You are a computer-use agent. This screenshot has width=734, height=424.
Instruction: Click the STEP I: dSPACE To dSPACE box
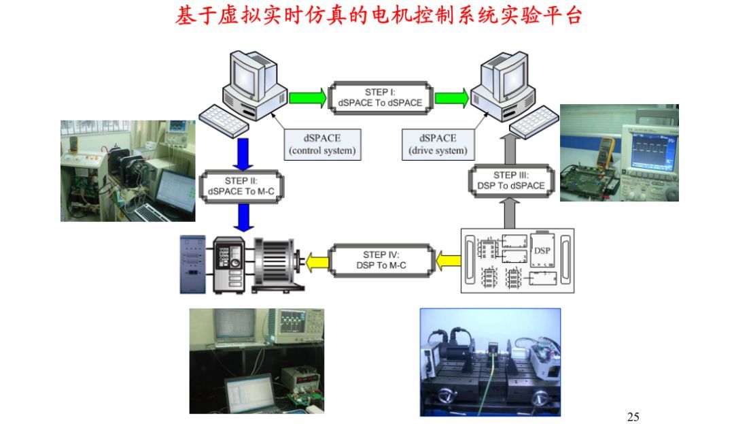[x=380, y=97]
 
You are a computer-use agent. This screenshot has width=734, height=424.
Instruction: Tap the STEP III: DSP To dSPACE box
[x=510, y=180]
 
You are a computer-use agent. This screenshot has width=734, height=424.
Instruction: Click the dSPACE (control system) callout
[x=322, y=144]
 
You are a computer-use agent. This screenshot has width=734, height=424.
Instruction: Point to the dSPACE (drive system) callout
[x=438, y=144]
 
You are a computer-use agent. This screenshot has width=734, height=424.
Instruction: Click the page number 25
[x=633, y=417]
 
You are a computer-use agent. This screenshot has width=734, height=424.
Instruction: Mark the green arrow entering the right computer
[x=451, y=97]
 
